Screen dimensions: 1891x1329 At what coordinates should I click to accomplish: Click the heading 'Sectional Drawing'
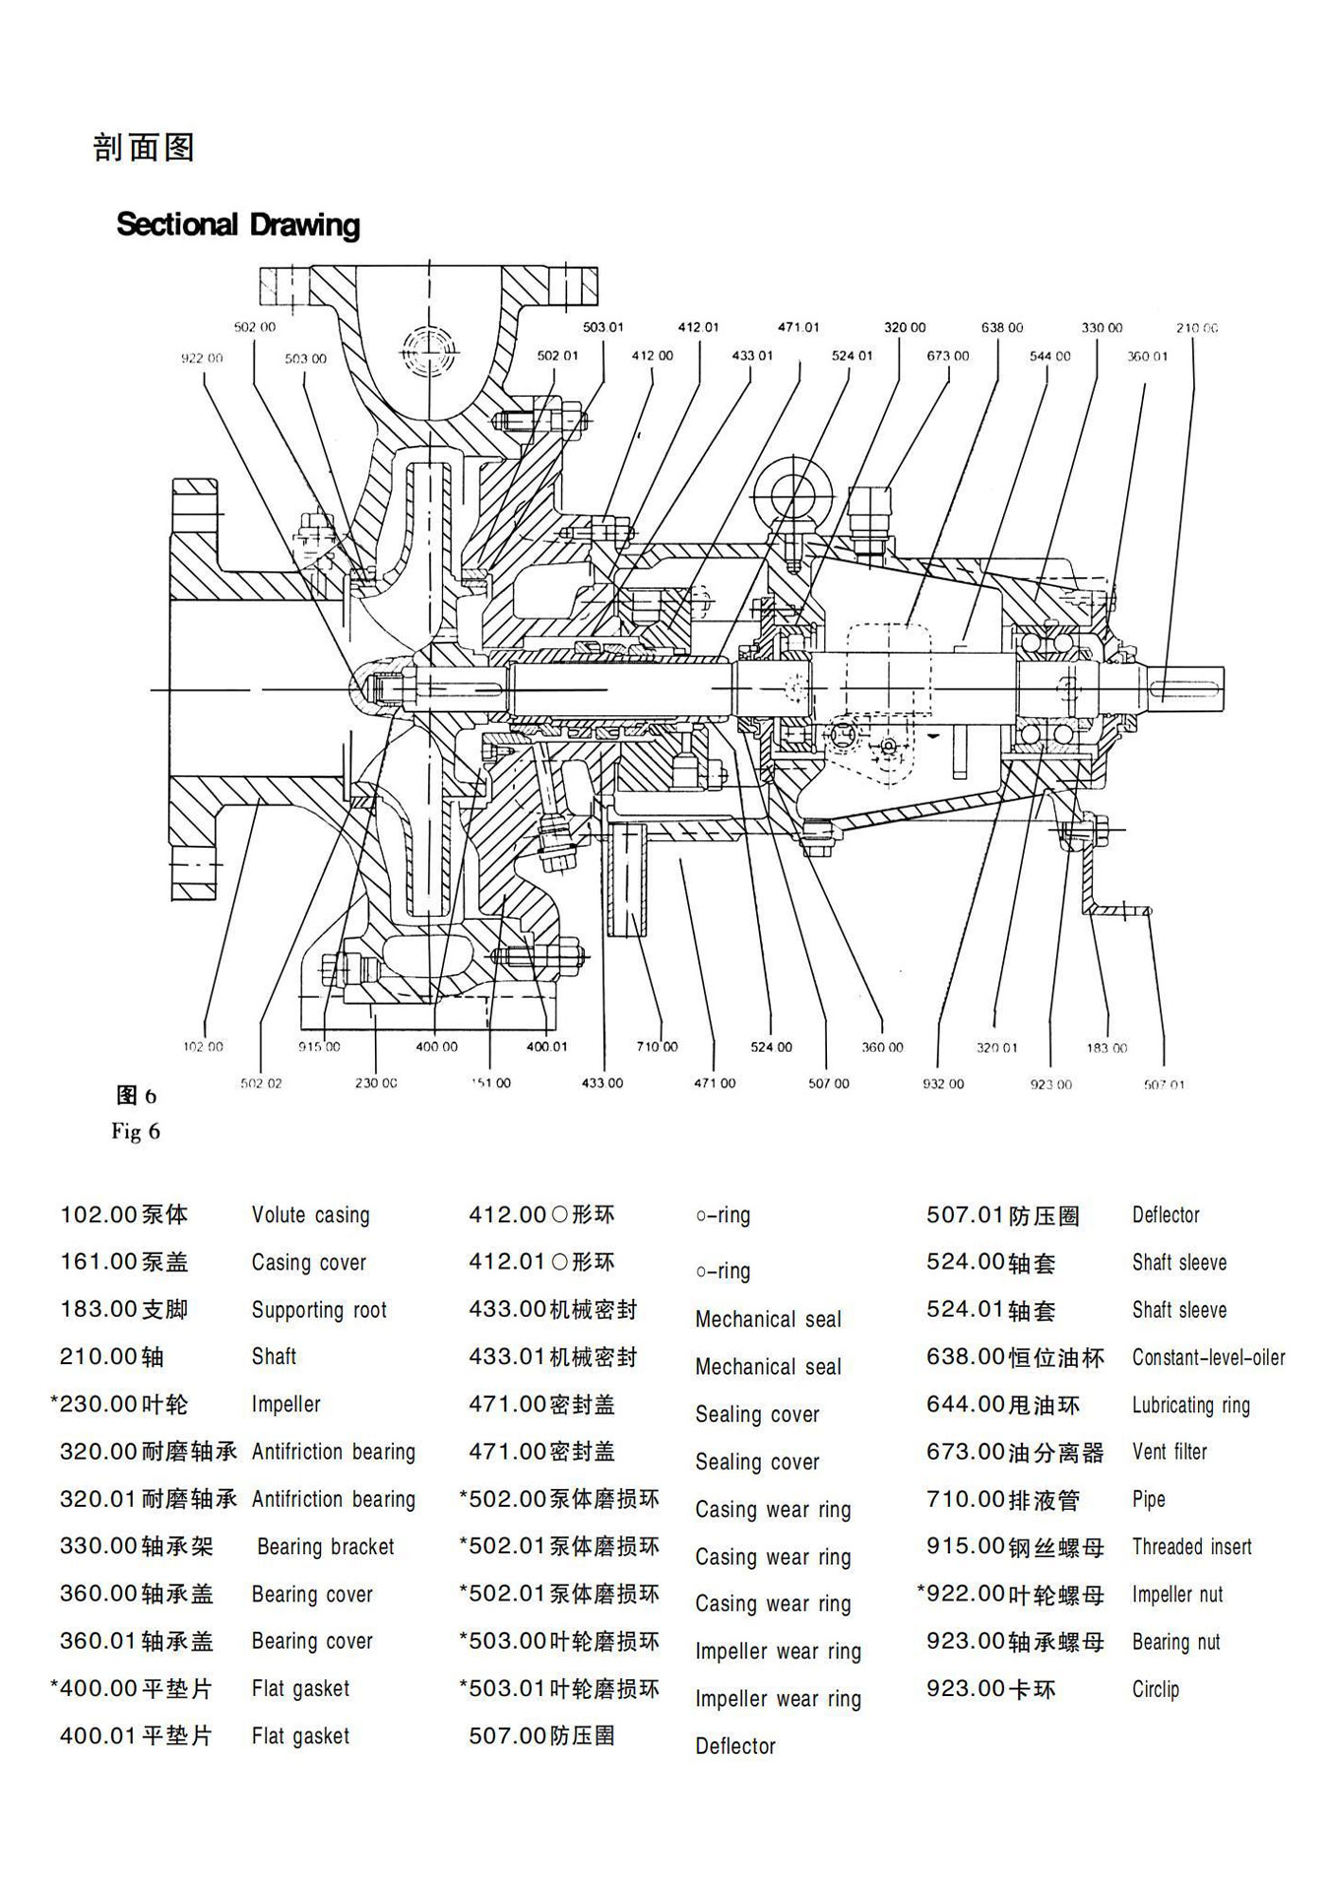pos(238,225)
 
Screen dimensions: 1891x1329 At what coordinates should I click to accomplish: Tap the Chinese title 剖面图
pos(144,148)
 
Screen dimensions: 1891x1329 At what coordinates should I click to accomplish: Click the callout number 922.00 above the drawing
pos(202,359)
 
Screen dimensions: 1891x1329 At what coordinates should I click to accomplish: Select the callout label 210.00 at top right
pos(1196,328)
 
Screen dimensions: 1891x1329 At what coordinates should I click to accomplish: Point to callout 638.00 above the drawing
pos(1002,328)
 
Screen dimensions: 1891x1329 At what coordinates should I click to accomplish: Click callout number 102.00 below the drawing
pos(203,1047)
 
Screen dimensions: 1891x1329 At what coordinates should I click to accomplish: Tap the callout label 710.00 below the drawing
pos(657,1047)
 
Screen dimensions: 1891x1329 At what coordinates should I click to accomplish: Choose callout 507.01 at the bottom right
pos(1164,1084)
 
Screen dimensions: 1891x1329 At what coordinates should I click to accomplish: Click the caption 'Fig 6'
pos(136,1131)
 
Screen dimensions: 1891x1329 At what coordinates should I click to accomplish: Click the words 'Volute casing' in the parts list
pos(310,1215)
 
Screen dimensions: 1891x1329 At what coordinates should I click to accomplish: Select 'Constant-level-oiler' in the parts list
pos(1208,1357)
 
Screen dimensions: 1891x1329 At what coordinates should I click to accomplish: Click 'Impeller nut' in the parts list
pos(1176,1595)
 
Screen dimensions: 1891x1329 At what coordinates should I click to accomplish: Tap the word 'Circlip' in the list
pos(1155,1689)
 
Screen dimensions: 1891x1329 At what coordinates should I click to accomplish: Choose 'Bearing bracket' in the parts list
pos(325,1547)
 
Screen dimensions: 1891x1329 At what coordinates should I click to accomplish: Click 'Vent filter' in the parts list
pos(1169,1452)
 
